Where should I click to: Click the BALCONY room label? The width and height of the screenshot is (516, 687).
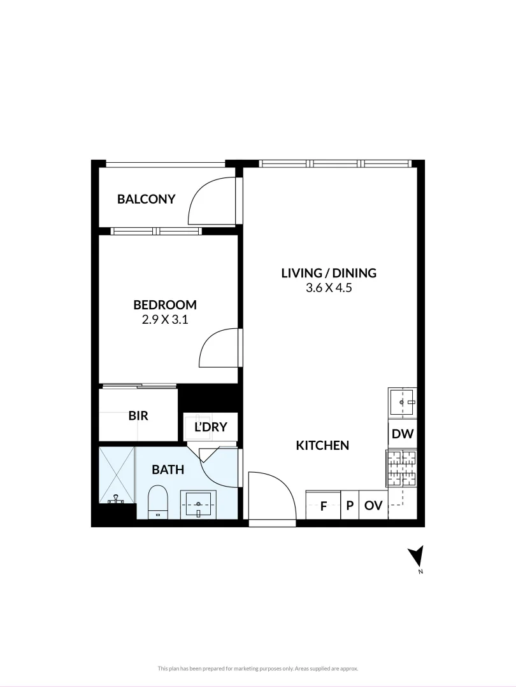(x=146, y=199)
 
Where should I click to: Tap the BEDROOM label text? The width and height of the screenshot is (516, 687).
(x=165, y=305)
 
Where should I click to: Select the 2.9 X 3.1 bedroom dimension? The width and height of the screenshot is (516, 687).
(x=165, y=320)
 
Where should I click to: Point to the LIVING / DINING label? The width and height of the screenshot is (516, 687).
(x=329, y=273)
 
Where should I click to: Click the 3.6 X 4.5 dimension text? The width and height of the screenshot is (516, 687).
(x=329, y=288)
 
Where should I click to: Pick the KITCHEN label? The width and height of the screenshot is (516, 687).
(x=322, y=445)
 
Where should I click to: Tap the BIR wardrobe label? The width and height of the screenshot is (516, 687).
(x=138, y=416)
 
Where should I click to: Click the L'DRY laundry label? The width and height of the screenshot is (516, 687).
(x=210, y=427)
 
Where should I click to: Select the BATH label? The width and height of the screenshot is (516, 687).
(x=168, y=470)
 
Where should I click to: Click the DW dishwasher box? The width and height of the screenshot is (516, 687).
(x=403, y=435)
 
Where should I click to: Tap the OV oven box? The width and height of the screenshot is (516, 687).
(x=373, y=506)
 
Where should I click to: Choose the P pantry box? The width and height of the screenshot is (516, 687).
(x=350, y=506)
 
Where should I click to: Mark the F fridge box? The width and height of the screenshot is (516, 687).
(x=323, y=506)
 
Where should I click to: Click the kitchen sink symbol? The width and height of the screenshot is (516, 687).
(x=402, y=402)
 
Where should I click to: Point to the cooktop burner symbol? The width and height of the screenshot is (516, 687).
(x=401, y=468)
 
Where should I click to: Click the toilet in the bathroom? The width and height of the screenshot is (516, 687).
(x=157, y=502)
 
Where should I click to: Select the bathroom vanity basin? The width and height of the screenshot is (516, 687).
(x=199, y=504)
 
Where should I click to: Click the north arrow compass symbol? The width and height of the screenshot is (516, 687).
(x=416, y=557)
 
